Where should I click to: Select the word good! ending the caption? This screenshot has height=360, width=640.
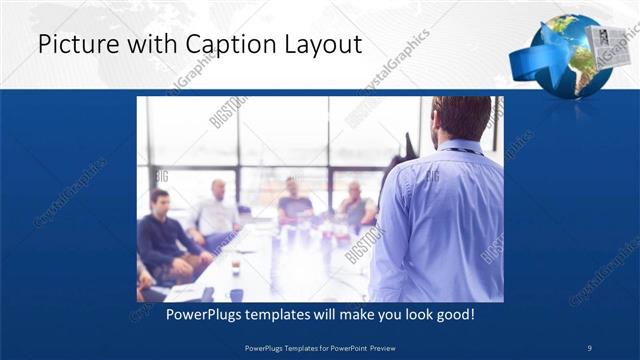pos(452,314)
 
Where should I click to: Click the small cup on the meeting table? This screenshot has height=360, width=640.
pos(235,268)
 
